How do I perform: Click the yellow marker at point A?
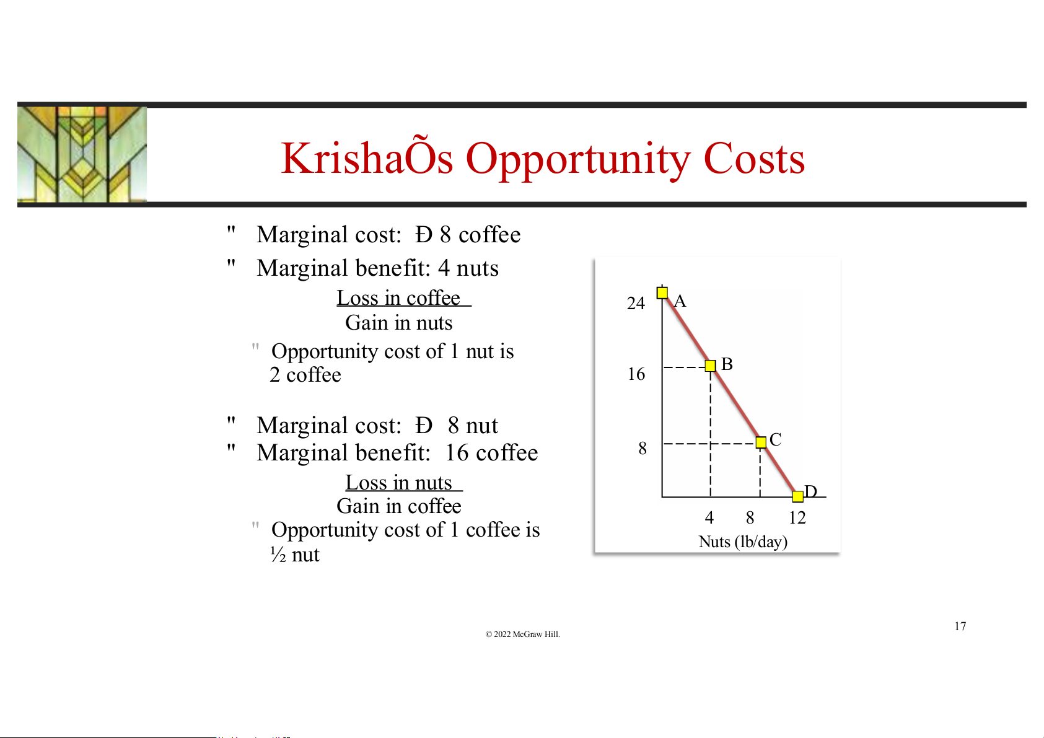662,292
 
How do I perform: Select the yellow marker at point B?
710,366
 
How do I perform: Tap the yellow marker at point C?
761,442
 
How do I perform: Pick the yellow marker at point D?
797,496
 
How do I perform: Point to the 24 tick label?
636,304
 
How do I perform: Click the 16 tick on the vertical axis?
636,374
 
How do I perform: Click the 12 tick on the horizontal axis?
797,517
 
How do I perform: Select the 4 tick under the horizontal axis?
709,517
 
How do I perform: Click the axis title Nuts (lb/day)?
743,542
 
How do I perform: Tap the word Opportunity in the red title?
578,159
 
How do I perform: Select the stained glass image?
82,154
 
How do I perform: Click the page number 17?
960,626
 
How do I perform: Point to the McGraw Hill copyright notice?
522,634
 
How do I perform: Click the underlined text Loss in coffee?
403,298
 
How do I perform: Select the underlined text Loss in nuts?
403,483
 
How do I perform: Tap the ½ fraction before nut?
278,555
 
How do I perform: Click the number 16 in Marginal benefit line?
457,453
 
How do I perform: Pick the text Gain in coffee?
399,506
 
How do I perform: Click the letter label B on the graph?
727,364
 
